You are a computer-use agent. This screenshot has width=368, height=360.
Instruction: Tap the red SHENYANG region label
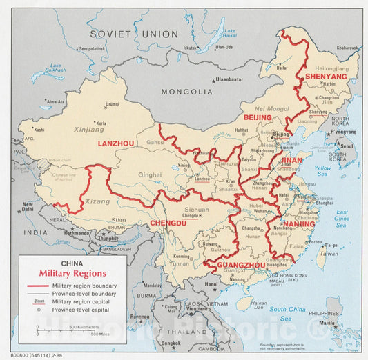pyautogui.click(x=326, y=77)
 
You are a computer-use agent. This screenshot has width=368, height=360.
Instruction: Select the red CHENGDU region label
pyautogui.click(x=168, y=223)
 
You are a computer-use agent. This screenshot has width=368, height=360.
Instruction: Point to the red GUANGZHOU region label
pyautogui.click(x=241, y=265)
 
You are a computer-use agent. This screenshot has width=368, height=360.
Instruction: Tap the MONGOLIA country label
pyautogui.click(x=186, y=92)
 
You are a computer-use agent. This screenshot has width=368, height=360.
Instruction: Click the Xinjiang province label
pyautogui.click(x=88, y=129)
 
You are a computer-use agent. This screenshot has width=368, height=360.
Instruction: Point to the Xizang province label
pyautogui.click(x=97, y=201)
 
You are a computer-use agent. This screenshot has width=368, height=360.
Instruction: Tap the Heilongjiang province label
pyautogui.click(x=332, y=68)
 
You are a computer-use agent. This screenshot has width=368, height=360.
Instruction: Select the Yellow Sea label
pyautogui.click(x=322, y=171)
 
